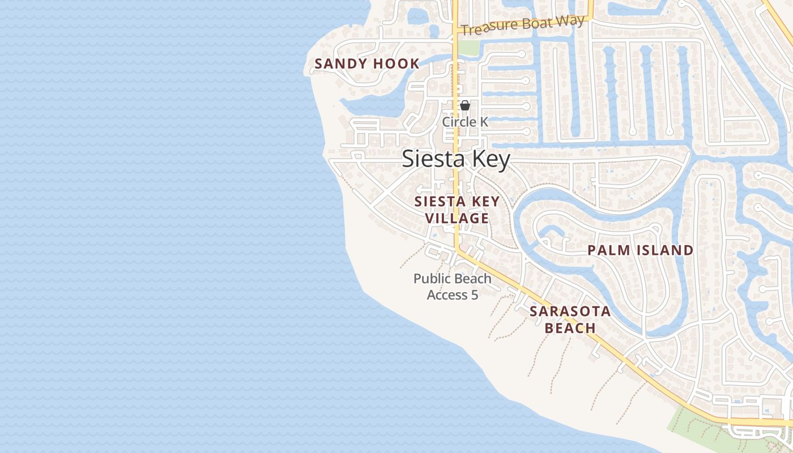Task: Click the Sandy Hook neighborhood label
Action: click(367, 63)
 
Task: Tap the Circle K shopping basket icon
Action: click(465, 105)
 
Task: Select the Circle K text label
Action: click(465, 122)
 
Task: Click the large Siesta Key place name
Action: click(456, 159)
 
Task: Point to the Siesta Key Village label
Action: click(457, 210)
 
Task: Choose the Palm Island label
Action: click(640, 250)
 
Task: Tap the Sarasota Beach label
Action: click(570, 319)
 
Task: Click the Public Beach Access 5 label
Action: click(453, 287)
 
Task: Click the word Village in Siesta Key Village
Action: click(457, 218)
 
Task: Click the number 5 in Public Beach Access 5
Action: click(475, 294)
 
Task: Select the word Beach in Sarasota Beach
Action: click(570, 328)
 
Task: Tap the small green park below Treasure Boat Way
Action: click(468, 46)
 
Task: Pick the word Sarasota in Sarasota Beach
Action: click(570, 311)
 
